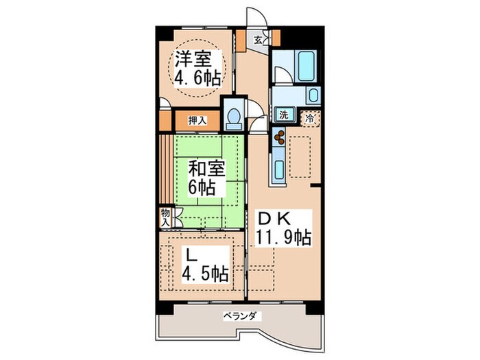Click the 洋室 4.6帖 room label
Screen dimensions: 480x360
coord(197,69)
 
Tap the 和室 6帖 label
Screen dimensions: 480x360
coord(206,178)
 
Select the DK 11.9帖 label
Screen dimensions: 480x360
coord(283,228)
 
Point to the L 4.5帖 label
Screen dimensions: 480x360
coord(205,264)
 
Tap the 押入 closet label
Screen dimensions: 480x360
coord(197,120)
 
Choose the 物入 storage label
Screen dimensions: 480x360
coord(166,217)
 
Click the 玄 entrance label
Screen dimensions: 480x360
coord(258,40)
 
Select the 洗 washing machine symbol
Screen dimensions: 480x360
coord(284,115)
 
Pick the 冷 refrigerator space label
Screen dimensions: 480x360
coord(310,119)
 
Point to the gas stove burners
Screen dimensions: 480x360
coord(279,136)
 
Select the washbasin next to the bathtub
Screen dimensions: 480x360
coord(313,95)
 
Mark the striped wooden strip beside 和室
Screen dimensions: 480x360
coord(167,169)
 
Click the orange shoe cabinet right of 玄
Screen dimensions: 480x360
coord(276,38)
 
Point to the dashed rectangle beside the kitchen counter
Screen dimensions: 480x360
coord(300,157)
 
